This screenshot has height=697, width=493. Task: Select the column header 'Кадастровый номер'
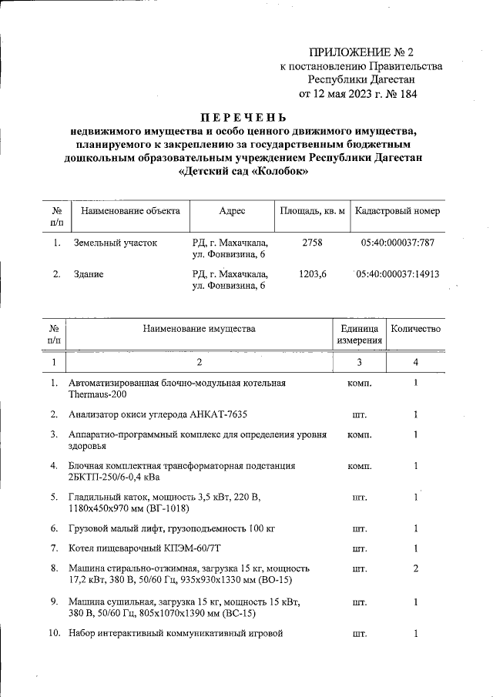tap(396, 210)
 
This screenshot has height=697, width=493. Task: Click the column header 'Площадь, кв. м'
tap(312, 210)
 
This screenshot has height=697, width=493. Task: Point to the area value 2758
tap(312, 243)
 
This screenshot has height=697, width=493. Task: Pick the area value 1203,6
tap(312, 273)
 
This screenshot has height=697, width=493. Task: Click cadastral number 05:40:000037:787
tap(397, 243)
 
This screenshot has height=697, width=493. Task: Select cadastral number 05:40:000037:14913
tap(397, 273)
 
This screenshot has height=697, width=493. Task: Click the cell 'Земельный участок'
tap(116, 243)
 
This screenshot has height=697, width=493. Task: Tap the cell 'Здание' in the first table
tap(89, 273)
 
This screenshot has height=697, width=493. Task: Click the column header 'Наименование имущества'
tap(199, 329)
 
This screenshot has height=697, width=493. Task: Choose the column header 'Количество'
tap(416, 329)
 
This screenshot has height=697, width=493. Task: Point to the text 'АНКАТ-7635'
tap(219, 414)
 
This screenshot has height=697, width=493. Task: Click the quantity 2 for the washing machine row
tap(415, 568)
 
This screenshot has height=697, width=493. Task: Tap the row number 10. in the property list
tap(54, 634)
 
